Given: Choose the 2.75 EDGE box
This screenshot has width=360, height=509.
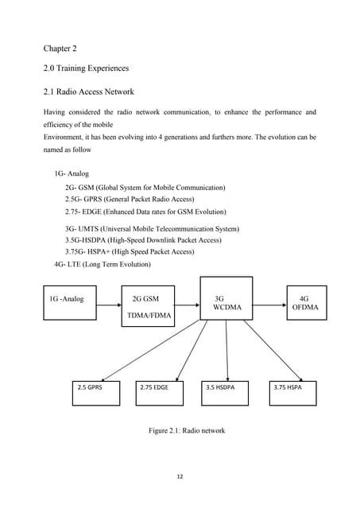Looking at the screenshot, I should pyautogui.click(x=159, y=387).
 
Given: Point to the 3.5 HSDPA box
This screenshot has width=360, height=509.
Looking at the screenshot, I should pyautogui.click(x=225, y=387).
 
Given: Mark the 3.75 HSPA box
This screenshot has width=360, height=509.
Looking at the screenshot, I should pyautogui.click(x=291, y=387).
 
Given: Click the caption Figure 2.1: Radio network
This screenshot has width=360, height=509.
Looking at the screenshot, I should pyautogui.click(x=186, y=431).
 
